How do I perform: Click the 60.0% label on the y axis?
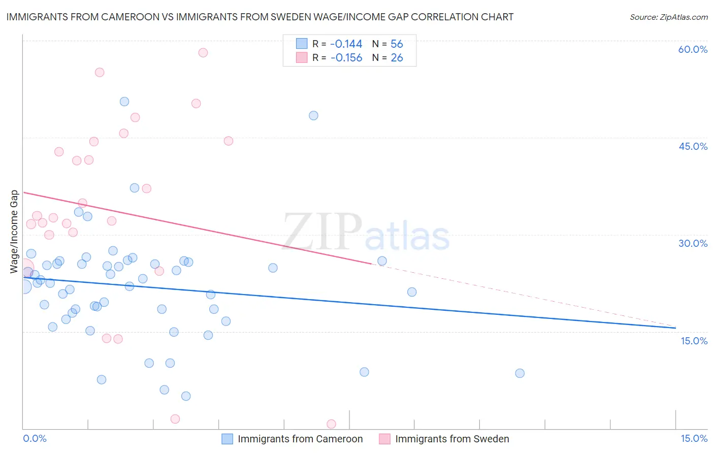[x=693, y=49]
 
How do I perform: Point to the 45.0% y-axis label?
[x=693, y=146]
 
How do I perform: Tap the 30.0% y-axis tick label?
[x=693, y=243]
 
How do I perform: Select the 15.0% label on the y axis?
[x=694, y=341]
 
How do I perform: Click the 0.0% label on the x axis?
[x=35, y=438]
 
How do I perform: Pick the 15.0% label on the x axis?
[x=694, y=438]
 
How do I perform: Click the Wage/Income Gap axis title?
[x=14, y=232]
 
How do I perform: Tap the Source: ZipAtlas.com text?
[x=668, y=17]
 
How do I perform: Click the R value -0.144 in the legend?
[x=346, y=44]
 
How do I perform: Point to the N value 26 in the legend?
[x=397, y=58]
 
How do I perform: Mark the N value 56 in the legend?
[x=397, y=44]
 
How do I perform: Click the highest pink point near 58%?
[x=203, y=52]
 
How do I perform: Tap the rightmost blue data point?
[x=520, y=373]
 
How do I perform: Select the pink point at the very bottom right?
[x=331, y=424]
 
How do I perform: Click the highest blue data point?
[x=124, y=102]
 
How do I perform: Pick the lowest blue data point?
[x=186, y=396]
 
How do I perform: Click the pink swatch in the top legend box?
[x=302, y=58]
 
